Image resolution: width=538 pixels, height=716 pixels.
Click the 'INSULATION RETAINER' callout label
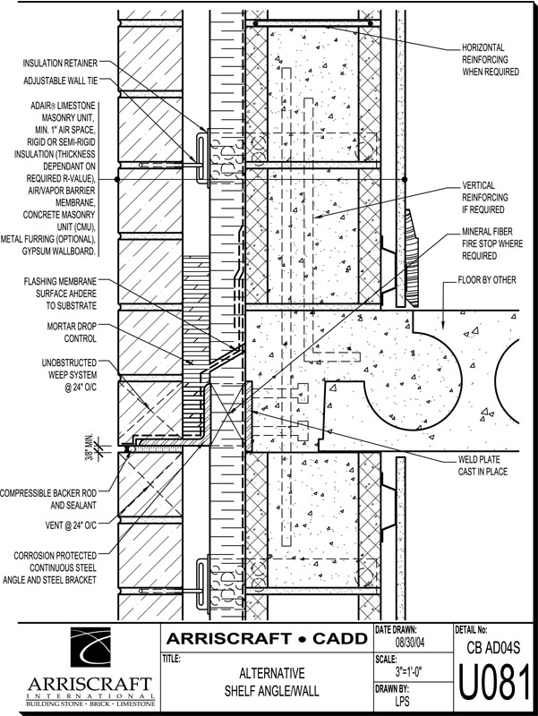point(60,63)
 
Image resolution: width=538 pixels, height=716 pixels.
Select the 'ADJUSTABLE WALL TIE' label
point(61,81)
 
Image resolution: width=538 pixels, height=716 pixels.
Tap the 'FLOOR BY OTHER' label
point(487,280)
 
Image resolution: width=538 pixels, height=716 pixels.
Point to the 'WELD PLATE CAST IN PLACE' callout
point(482,465)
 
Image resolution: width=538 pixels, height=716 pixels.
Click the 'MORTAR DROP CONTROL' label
point(72,332)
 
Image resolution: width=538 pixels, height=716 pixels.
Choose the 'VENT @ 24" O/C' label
point(71,525)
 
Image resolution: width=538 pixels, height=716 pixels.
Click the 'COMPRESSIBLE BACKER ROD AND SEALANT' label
point(48,499)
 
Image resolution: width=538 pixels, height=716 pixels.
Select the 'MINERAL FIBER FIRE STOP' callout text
point(491,243)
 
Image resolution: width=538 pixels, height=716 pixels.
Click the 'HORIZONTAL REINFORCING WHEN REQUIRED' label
point(491,59)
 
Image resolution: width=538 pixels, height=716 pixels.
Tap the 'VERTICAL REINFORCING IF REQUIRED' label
point(485,197)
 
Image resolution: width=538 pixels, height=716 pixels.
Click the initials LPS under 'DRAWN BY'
point(402,701)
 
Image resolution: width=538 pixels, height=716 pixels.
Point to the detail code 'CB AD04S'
point(494,647)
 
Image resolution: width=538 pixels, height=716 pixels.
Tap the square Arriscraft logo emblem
point(90,646)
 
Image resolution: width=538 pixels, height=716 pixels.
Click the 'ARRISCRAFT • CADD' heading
point(267,638)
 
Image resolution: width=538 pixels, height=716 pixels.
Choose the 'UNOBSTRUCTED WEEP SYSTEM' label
point(70,375)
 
